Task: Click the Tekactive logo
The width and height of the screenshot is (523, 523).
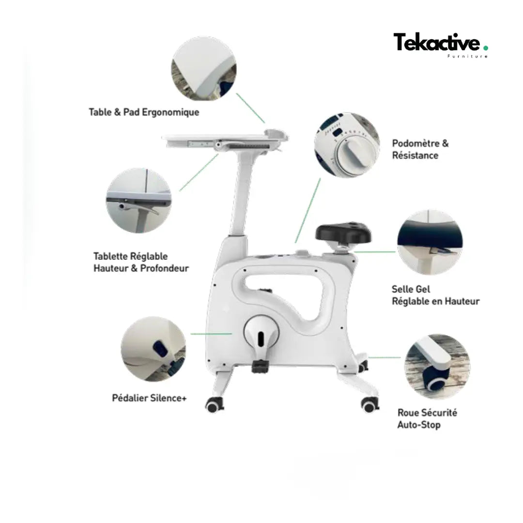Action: (440, 45)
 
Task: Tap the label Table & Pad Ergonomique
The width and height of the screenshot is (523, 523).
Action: (144, 112)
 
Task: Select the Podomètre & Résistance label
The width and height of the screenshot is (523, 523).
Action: (420, 149)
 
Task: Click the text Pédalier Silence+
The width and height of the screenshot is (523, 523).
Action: (149, 398)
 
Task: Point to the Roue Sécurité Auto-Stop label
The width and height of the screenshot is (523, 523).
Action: (427, 418)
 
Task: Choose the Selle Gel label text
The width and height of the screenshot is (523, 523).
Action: (411, 289)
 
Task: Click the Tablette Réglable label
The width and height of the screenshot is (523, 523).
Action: (130, 256)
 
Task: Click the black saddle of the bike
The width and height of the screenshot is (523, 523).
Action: (343, 232)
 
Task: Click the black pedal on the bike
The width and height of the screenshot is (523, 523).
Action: (260, 366)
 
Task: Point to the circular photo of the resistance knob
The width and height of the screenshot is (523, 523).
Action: (347, 145)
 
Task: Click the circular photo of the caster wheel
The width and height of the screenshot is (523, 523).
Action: (437, 366)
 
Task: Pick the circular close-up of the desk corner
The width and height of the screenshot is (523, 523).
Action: (204, 69)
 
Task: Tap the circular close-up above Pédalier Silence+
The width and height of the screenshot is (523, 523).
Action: (154, 349)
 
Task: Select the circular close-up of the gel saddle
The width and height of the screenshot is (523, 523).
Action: (430, 242)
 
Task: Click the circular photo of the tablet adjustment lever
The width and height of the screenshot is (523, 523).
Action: (139, 200)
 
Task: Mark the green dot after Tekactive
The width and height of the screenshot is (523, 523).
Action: (486, 48)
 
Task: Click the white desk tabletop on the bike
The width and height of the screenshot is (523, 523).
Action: (225, 138)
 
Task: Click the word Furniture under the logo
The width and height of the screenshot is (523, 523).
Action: (467, 56)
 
